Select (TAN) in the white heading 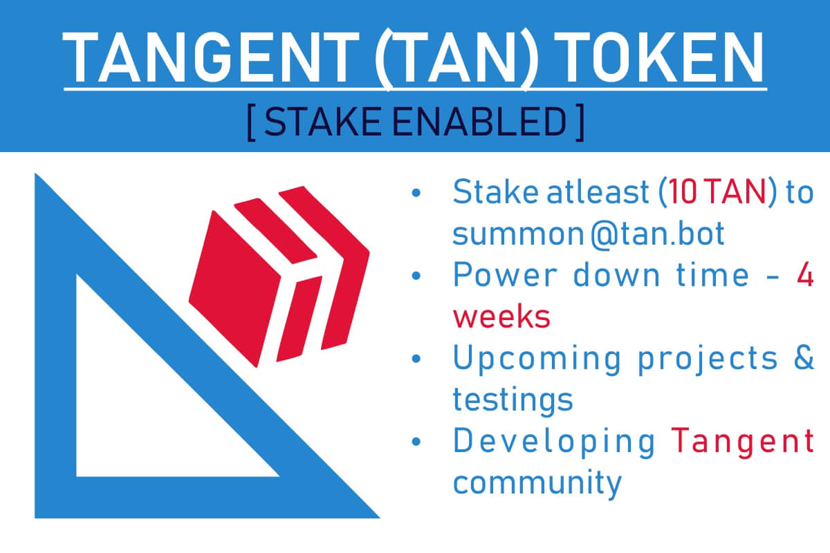click(456, 59)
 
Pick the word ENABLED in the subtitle click(479, 122)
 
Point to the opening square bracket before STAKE click(251, 122)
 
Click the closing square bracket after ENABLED click(580, 122)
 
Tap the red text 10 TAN click(717, 192)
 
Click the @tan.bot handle click(657, 234)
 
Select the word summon click(518, 235)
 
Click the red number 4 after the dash click(805, 274)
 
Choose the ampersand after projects click(804, 357)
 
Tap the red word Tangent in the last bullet click(743, 442)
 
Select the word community click(537, 483)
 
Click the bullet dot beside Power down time click(416, 276)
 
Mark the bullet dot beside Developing click(416, 442)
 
